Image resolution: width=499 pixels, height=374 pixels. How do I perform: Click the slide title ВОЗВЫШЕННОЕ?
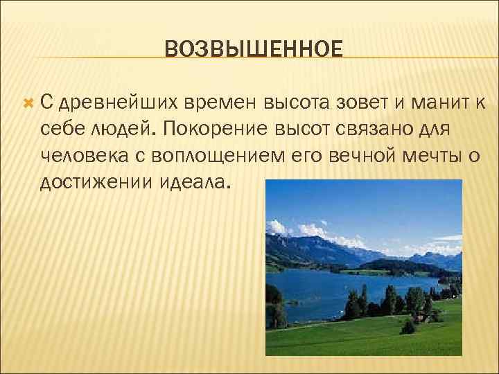click(254, 50)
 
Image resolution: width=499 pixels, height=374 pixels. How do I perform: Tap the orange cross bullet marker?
click(28, 102)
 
